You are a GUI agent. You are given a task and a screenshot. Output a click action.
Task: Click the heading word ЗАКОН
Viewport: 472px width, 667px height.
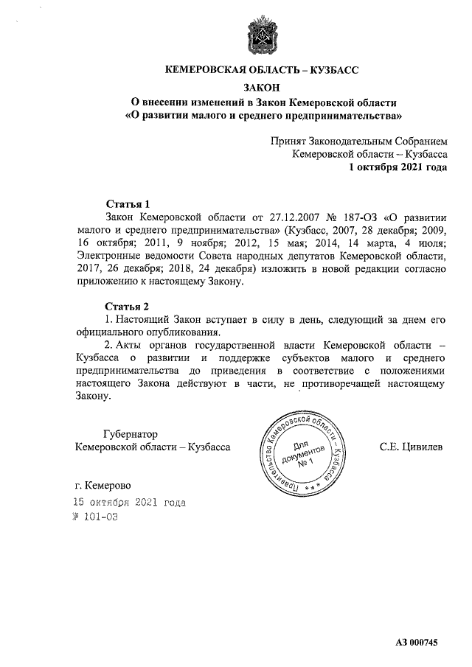coord(262,87)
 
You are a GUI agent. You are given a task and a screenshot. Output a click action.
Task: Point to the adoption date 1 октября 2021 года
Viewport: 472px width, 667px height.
coord(398,167)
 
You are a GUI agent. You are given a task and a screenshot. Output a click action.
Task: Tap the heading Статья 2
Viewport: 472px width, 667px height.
coord(128,305)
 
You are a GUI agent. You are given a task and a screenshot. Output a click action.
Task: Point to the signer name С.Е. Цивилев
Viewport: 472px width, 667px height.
coord(411,447)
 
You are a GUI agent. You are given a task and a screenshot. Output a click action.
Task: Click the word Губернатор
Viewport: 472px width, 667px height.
coord(130,433)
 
